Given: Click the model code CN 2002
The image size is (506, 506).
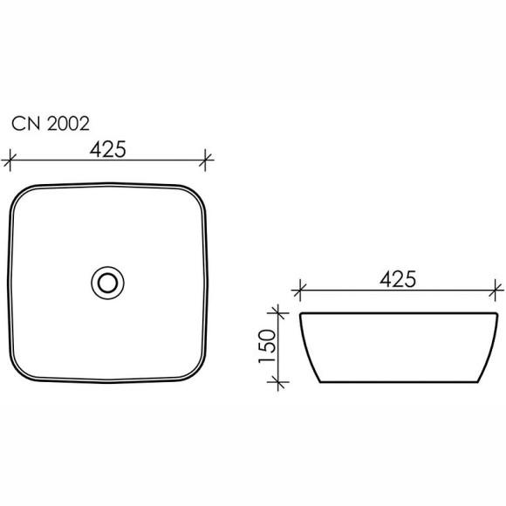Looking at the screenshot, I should (49, 124).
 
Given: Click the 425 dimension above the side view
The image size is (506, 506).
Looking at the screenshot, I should (398, 278).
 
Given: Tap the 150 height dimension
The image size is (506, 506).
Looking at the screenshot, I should (268, 346).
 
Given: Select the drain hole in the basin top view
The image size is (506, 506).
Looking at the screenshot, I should (108, 282).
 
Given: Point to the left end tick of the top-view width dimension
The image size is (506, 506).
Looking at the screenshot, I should (10, 160).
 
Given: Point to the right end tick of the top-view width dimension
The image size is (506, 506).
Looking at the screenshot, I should (207, 160).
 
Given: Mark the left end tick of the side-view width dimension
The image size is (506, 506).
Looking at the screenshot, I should (300, 289).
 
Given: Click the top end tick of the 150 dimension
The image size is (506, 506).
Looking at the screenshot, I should (278, 311).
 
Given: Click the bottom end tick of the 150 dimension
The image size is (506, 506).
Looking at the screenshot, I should (278, 381).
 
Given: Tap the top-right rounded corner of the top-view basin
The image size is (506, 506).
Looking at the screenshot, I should (197, 195).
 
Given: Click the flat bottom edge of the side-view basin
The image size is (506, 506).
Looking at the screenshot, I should (399, 381).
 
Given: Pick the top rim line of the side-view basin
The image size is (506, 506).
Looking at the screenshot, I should (399, 312).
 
